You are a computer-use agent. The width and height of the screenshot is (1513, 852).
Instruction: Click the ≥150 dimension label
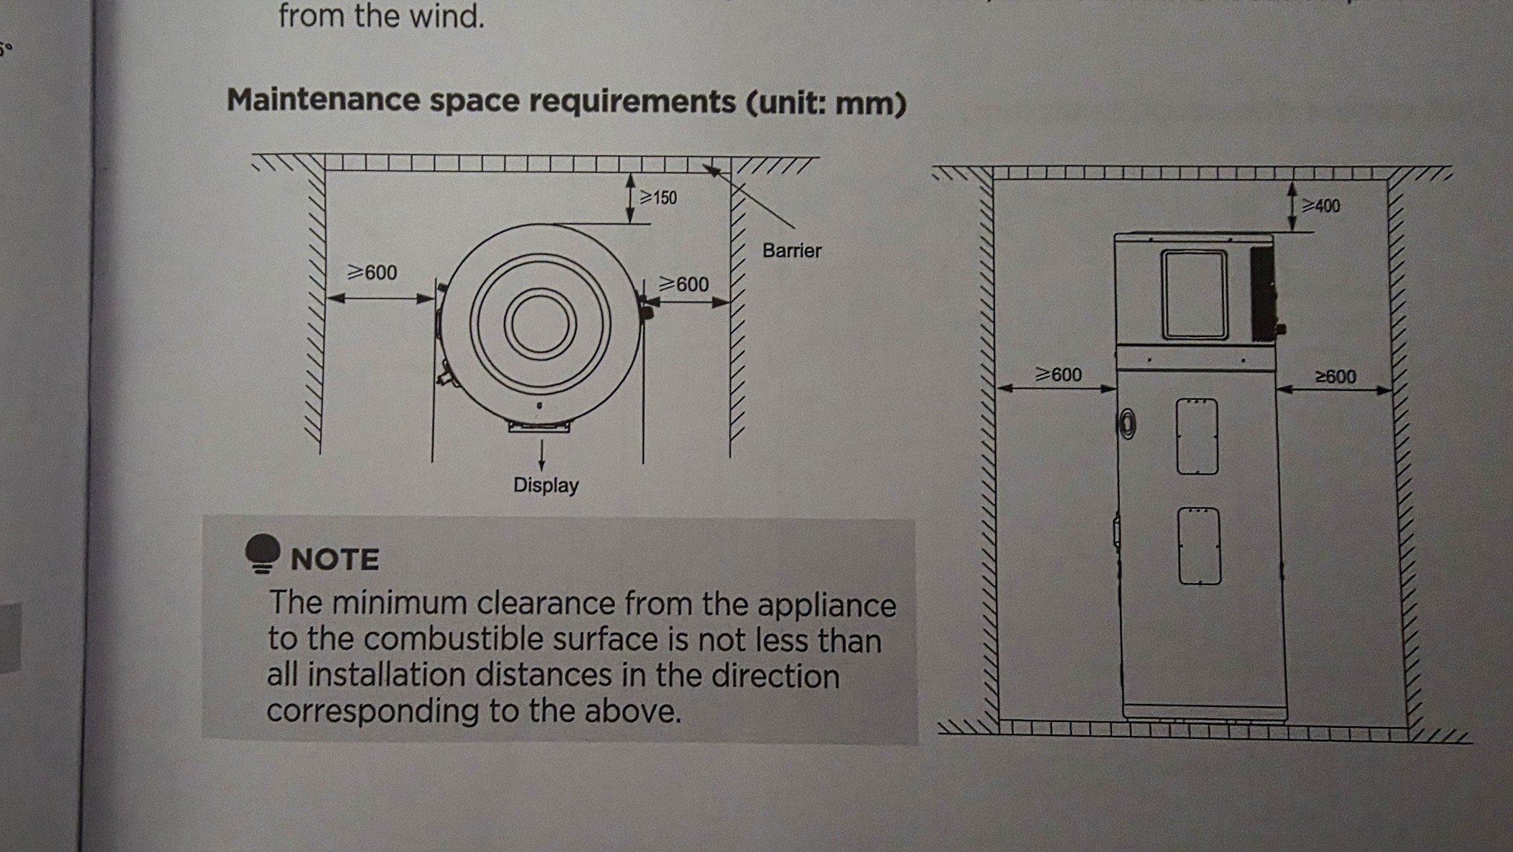click(x=658, y=197)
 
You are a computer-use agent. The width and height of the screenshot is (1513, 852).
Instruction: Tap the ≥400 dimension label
click(x=1321, y=205)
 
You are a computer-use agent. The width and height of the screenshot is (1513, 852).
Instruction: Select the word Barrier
click(x=792, y=251)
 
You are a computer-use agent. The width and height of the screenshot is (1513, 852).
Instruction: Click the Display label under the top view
click(x=546, y=485)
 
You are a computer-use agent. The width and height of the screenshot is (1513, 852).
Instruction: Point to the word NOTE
click(x=335, y=559)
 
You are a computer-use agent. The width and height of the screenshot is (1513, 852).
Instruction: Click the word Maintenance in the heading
click(x=323, y=100)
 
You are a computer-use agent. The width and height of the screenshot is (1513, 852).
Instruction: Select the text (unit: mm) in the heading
click(x=825, y=103)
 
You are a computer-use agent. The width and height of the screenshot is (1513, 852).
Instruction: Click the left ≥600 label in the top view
click(x=372, y=273)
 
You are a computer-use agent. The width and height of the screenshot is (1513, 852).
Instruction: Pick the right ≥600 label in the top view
click(x=683, y=284)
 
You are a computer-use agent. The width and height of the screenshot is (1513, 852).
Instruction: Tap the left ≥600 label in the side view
click(x=1058, y=375)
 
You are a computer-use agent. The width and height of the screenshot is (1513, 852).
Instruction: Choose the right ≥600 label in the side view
click(x=1336, y=377)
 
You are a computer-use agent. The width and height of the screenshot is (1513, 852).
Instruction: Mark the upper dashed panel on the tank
click(x=1197, y=436)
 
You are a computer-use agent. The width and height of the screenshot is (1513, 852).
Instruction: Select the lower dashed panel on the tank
click(x=1199, y=546)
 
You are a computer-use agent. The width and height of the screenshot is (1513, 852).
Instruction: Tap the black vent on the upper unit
click(x=1263, y=293)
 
